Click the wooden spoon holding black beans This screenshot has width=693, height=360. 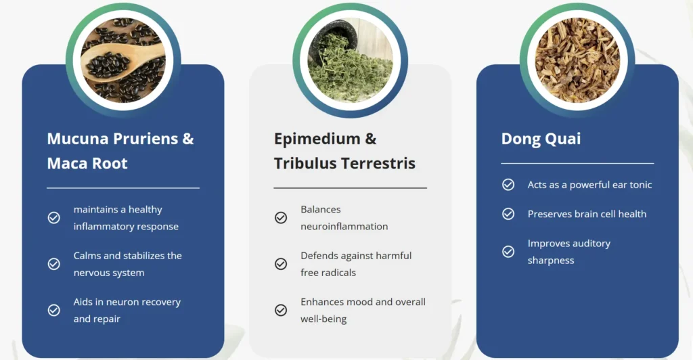[119, 62]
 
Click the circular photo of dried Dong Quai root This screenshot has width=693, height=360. [577, 60]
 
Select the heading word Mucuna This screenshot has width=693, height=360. [78, 139]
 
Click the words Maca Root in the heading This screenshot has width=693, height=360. [87, 164]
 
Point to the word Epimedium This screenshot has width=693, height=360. [317, 139]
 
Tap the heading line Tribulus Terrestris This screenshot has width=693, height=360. [344, 164]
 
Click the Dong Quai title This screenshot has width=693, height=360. [541, 139]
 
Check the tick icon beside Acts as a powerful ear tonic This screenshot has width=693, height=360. [508, 185]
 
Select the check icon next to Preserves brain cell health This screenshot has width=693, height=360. [508, 214]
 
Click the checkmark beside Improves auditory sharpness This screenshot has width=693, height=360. [508, 252]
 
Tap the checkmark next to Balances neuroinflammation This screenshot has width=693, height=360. [281, 218]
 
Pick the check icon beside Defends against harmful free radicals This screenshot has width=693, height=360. [281, 264]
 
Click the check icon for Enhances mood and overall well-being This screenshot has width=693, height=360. [281, 310]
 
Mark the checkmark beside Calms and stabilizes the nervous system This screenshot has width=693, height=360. [54, 264]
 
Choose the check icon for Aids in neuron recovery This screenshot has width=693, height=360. [54, 310]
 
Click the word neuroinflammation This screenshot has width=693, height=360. [344, 226]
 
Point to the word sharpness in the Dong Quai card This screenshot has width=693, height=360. [551, 261]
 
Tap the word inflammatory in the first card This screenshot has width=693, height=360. [101, 227]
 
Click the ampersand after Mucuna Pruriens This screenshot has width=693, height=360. [188, 139]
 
